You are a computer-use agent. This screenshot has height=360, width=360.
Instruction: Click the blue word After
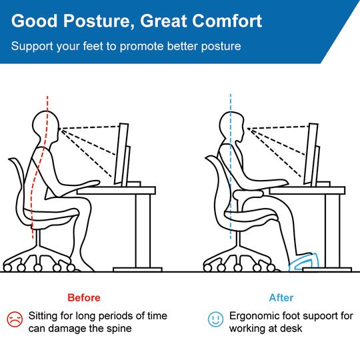pos(281,297)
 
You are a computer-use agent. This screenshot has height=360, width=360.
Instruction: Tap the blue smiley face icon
pos(214,319)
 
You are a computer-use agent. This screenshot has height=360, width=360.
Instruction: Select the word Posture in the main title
pos(93,21)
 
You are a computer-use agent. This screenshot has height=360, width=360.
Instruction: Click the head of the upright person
pos(233,124)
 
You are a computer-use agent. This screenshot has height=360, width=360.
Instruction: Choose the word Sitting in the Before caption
pos(43,315)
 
